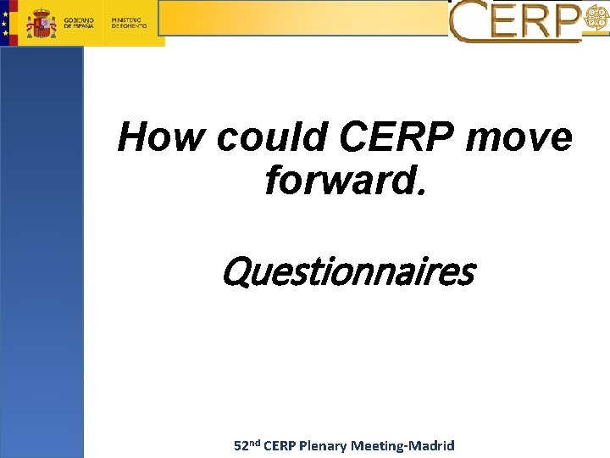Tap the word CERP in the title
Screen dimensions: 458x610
point(398,138)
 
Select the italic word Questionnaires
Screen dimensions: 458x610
point(347,273)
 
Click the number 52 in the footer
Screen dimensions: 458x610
point(241,446)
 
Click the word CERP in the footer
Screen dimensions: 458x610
point(280,446)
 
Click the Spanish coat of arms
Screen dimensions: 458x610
point(42,23)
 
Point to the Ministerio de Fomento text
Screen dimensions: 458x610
point(130,23)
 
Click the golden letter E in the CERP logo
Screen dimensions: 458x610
point(503,22)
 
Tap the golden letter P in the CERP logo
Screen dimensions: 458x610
point(566,22)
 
